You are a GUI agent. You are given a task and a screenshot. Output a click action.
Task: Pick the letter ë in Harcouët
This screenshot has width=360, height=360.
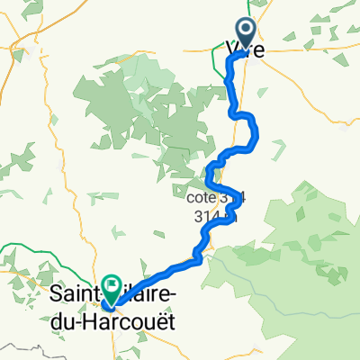[x=157, y=319]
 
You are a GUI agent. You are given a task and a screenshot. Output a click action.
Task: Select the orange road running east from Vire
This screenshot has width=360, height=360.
[x=306, y=49]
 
